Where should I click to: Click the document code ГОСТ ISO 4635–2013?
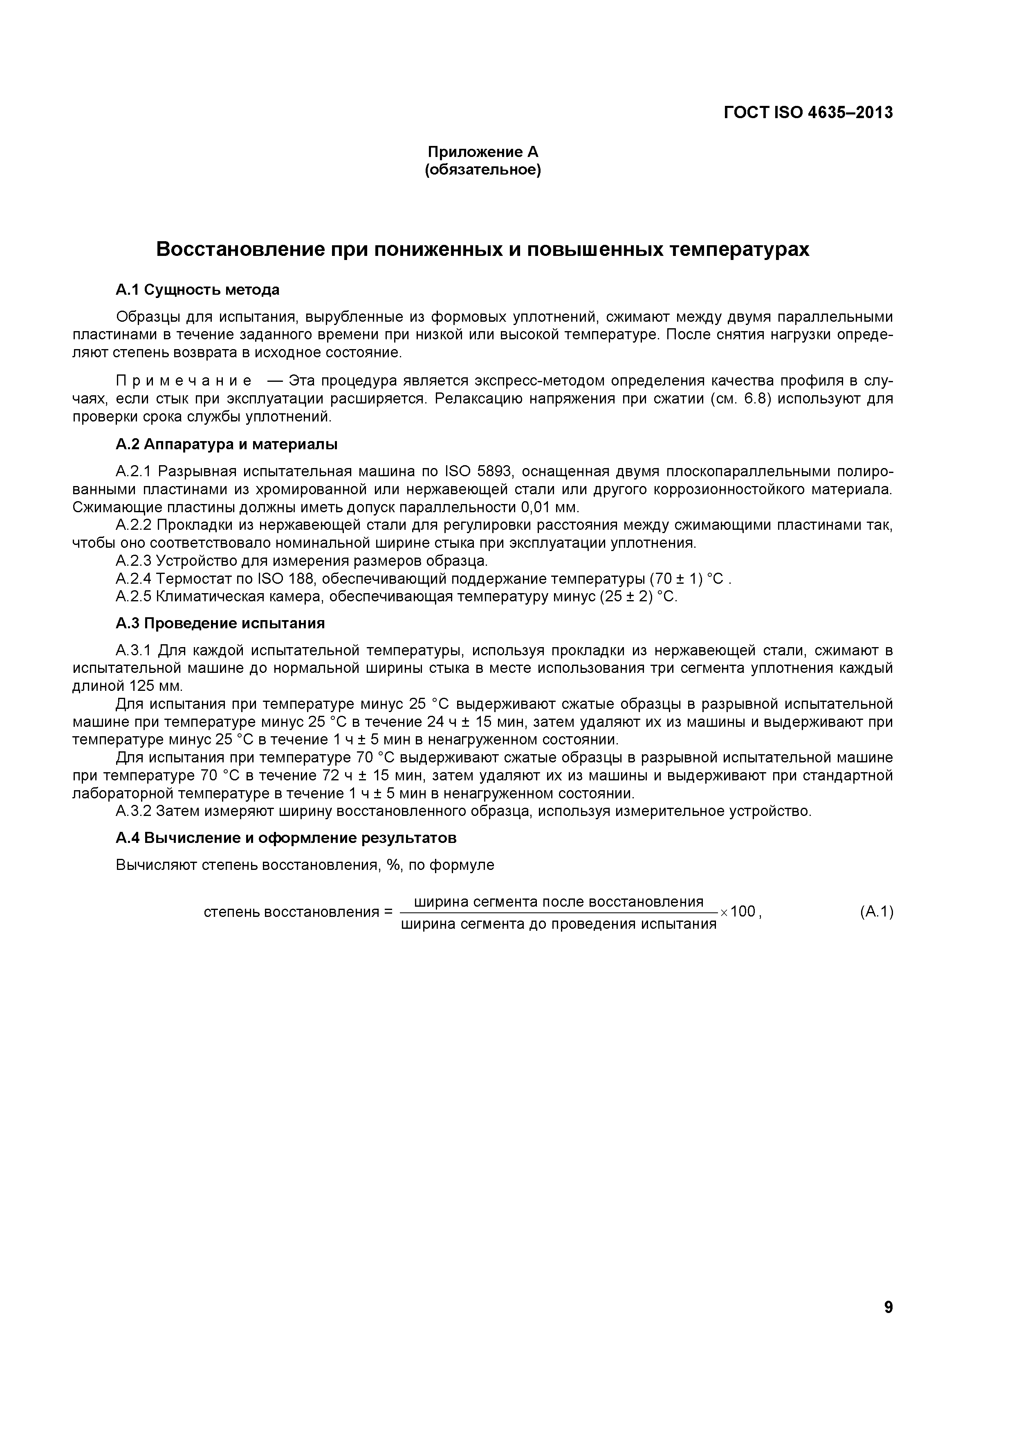coord(808,112)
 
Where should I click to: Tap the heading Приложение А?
coord(482,152)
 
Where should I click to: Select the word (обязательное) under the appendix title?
coord(482,170)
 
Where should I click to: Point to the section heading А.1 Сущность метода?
coord(197,290)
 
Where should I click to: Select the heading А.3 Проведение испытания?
coord(220,623)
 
